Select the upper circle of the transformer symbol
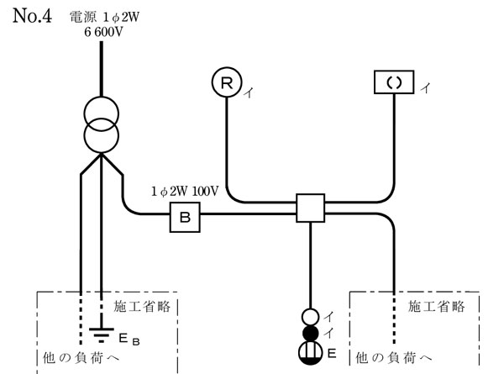[x=101, y=112]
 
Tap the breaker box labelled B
[x=185, y=219]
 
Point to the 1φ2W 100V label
[x=185, y=192]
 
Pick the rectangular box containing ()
[x=393, y=82]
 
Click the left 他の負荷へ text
[x=81, y=357]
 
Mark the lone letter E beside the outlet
[x=333, y=349]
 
